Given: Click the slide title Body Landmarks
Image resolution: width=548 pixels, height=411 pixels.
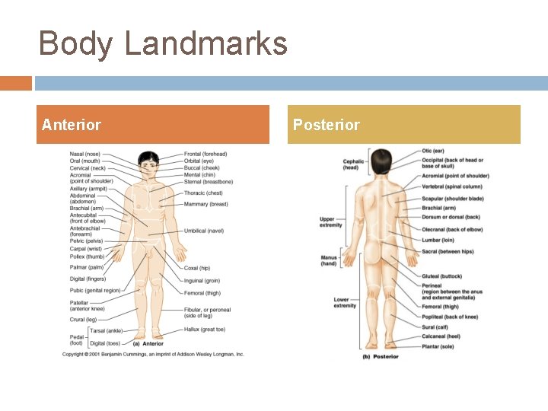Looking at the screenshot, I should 163,43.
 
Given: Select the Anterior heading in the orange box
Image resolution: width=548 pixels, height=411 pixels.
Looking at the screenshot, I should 71,125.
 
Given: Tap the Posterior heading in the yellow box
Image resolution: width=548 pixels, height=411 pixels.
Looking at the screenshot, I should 326,125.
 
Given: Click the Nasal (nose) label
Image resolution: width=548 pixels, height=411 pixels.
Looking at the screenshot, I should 84,154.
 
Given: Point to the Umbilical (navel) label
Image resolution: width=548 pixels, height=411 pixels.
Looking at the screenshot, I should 204,231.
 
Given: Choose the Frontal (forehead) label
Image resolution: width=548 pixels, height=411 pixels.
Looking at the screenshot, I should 205,154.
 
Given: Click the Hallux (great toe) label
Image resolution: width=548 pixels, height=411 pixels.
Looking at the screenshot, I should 205,330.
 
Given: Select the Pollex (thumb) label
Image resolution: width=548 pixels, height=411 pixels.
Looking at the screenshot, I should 86,256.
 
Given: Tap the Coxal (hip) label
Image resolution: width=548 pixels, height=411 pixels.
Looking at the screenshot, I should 197,268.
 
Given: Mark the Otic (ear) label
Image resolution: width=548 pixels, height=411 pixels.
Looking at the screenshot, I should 433,151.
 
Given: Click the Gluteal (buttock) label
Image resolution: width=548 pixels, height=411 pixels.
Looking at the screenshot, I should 441,276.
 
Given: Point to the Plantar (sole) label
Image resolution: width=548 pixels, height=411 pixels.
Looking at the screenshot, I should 438,346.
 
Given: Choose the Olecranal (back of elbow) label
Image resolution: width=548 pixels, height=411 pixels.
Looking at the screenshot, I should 452,229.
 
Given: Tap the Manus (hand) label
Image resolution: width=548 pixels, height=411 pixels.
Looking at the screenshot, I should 329,260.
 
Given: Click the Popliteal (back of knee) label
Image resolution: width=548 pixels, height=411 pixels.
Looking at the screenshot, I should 450,317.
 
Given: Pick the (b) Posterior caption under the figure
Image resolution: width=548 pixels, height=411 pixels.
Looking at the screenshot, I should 381,356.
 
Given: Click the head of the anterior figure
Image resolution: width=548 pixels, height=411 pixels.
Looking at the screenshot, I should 148,163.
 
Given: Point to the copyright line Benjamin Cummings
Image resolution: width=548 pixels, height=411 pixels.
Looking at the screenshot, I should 153,354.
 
